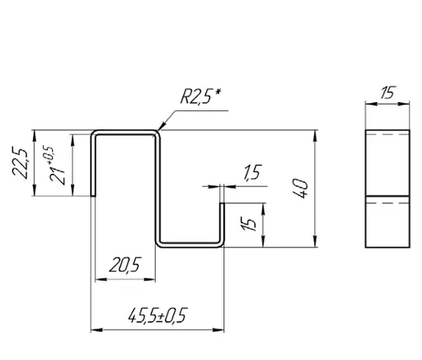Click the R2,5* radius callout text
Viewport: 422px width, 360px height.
pyautogui.click(x=200, y=96)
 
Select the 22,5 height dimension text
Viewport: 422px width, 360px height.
pyautogui.click(x=20, y=163)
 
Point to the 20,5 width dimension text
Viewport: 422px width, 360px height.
pyautogui.click(x=125, y=264)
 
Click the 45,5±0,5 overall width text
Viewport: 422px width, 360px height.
pyautogui.click(x=158, y=316)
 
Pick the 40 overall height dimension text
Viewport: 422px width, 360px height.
pyautogui.click(x=301, y=188)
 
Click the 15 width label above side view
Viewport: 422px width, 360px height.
pyautogui.click(x=387, y=92)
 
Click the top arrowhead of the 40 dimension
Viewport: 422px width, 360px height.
pyautogui.click(x=316, y=136)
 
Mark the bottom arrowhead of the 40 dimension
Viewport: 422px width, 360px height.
pyautogui.click(x=316, y=241)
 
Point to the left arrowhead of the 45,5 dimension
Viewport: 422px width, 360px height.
pyautogui.click(x=96, y=330)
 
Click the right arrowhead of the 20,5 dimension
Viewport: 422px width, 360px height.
pyautogui.click(x=150, y=279)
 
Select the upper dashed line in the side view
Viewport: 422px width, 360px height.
pyautogui.click(x=387, y=134)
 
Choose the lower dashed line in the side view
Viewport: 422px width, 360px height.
pyautogui.click(x=387, y=203)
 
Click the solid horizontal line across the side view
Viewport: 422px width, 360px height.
pyautogui.click(x=387, y=196)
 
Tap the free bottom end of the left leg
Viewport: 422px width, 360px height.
pyautogui.click(x=93, y=196)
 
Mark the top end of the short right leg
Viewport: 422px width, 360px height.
pyautogui.click(x=222, y=203)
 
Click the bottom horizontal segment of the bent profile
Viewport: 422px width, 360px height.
pyautogui.click(x=190, y=245)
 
